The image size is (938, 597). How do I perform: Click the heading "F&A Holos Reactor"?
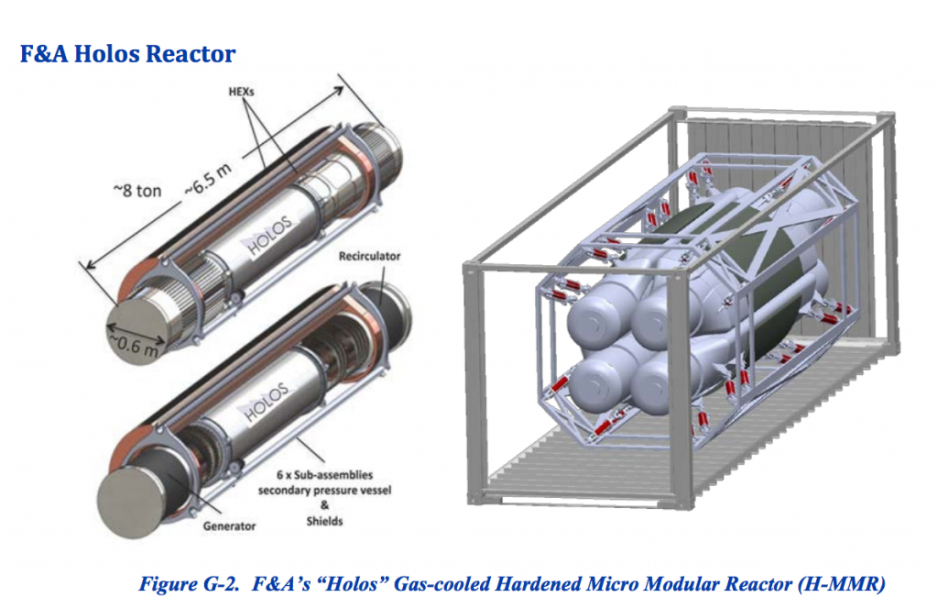[x=127, y=53]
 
